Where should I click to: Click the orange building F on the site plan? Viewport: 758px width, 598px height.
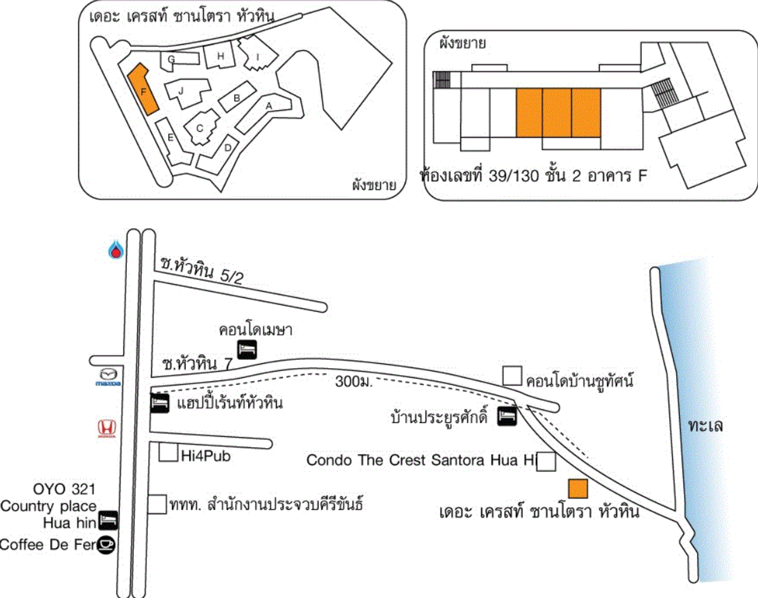[x=143, y=90]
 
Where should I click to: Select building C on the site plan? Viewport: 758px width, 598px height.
[x=200, y=127]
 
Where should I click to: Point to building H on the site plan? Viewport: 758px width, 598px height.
[x=220, y=56]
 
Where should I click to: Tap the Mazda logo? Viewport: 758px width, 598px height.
[x=108, y=376]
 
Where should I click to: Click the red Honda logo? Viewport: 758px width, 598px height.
[x=107, y=428]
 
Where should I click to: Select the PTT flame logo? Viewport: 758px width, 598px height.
[x=117, y=250]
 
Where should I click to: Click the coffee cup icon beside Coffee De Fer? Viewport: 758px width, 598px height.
[x=106, y=544]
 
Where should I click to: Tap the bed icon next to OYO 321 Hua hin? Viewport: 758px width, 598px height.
[x=108, y=520]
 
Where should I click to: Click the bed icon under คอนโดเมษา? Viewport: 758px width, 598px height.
[x=247, y=350]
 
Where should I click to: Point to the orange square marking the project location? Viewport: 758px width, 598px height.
[x=578, y=488]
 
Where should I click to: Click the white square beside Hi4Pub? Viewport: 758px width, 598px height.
[x=168, y=453]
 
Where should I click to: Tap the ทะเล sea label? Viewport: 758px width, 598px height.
[x=705, y=425]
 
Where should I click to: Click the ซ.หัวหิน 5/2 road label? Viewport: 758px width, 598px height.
[x=202, y=271]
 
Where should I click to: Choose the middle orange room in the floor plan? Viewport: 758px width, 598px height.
[x=557, y=113]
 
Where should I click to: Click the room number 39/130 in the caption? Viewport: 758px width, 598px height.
[x=513, y=176]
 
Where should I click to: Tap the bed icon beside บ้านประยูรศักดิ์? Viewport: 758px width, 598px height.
[x=507, y=416]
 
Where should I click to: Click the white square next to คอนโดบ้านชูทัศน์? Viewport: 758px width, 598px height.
[x=512, y=376]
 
